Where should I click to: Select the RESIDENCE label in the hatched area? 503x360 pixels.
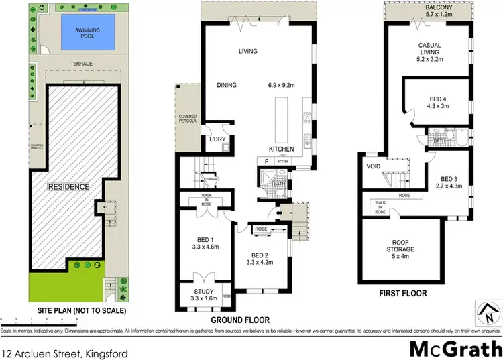68,187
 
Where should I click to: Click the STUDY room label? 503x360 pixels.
203,292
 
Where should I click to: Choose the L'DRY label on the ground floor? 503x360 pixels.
216,139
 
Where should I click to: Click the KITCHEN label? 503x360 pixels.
282,149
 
